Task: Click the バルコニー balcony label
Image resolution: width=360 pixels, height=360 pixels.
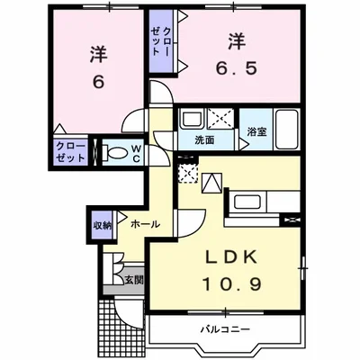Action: (x=225, y=329)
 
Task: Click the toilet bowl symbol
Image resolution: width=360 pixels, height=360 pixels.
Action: (x=115, y=153)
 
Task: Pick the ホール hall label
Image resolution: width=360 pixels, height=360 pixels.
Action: (x=145, y=223)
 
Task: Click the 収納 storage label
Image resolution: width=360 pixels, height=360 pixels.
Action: (x=100, y=225)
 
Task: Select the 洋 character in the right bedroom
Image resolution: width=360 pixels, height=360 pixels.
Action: (x=236, y=40)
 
